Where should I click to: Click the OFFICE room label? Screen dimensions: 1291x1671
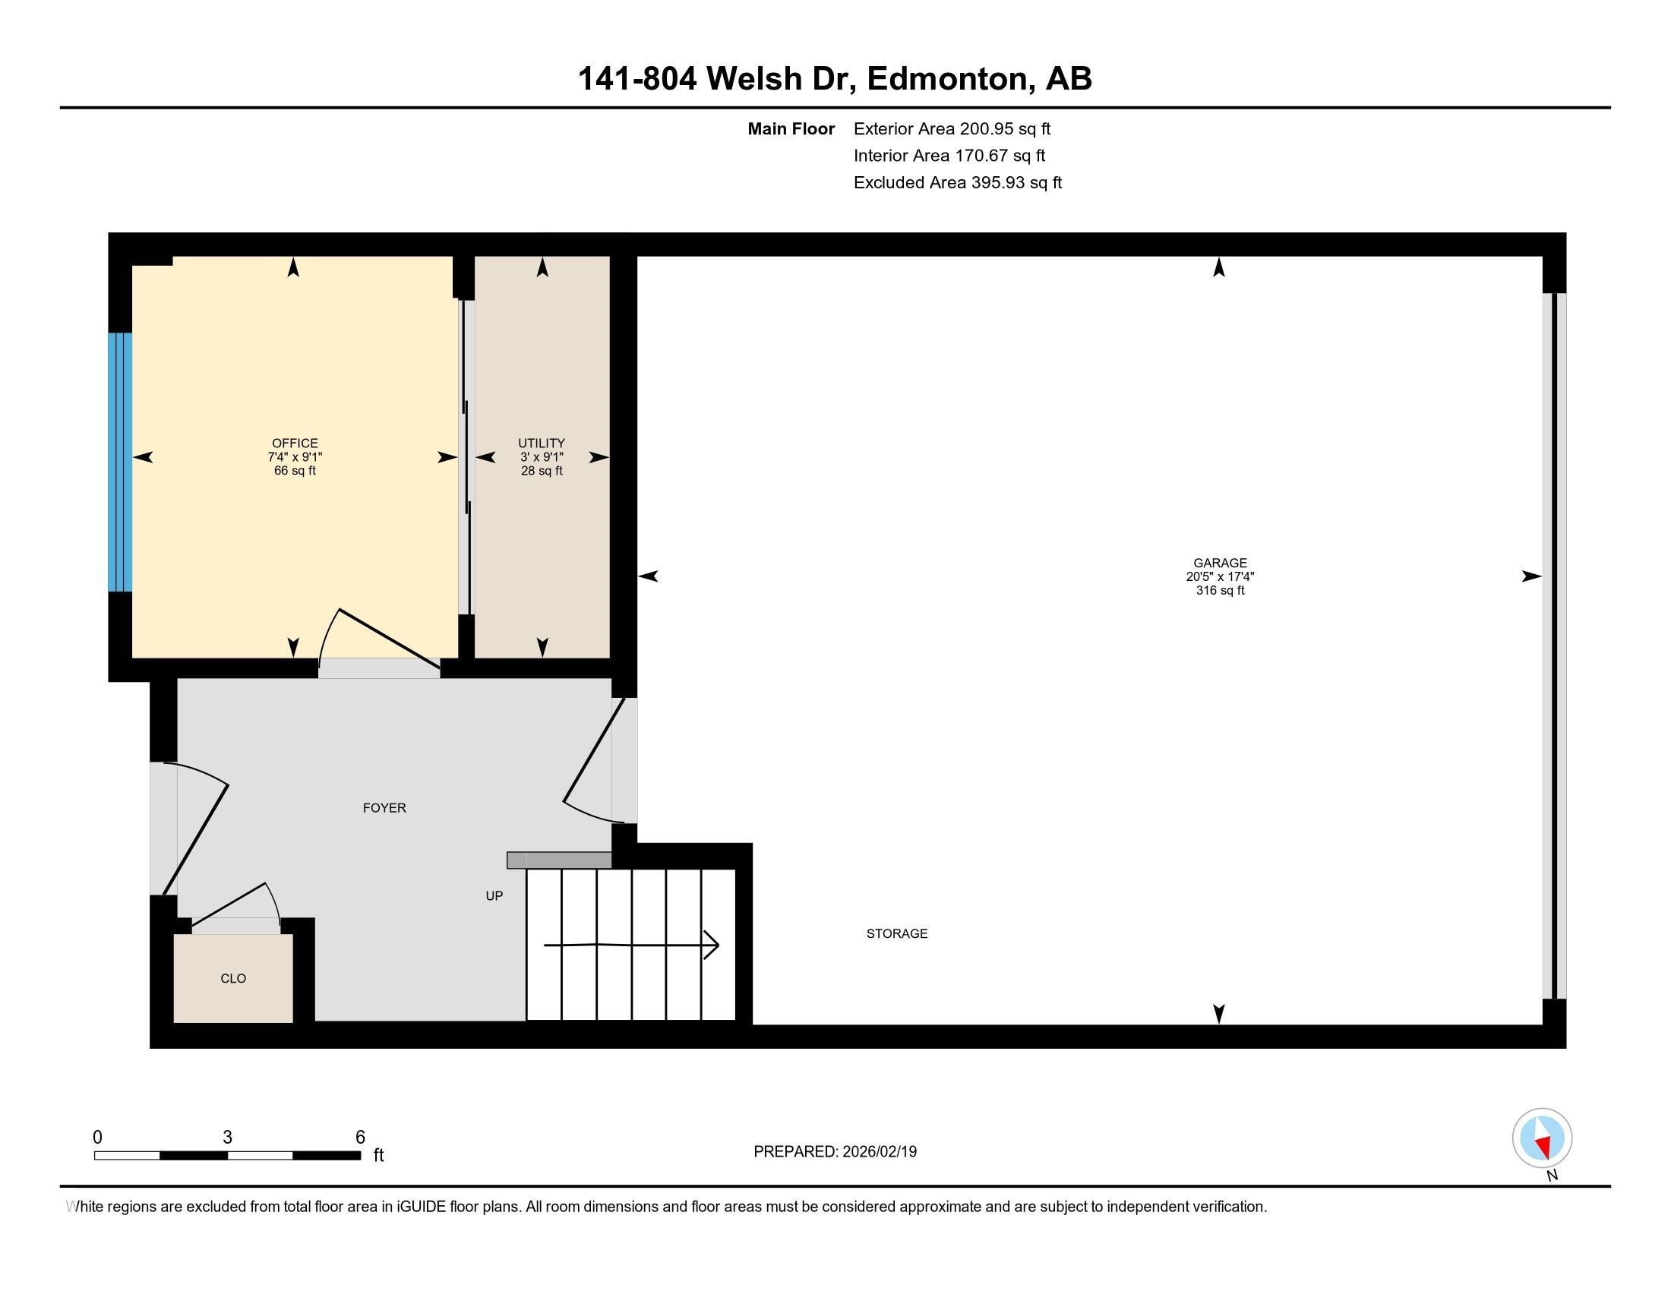coord(295,443)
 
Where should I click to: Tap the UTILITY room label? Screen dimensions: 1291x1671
coord(541,443)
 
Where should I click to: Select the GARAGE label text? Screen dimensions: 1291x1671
coord(1220,562)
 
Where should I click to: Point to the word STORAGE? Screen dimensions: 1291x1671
coord(897,933)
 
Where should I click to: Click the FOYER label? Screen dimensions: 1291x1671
coord(384,808)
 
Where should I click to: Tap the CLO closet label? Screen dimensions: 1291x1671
coord(232,978)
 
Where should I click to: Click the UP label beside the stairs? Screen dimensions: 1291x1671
coord(494,895)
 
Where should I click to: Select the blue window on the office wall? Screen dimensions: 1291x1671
coord(119,462)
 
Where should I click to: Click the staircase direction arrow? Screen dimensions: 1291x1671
coord(631,945)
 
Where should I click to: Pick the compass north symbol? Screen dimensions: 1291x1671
coord(1542,1138)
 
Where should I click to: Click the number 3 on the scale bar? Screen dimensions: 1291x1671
coord(227,1138)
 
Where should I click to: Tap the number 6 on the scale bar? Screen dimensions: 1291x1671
coord(360,1138)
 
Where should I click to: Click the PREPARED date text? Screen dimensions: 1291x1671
coord(835,1152)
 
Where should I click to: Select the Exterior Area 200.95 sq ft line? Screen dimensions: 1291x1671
coord(952,128)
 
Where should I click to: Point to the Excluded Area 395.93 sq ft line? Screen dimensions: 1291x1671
coord(957,183)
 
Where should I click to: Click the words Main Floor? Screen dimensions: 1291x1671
coord(791,128)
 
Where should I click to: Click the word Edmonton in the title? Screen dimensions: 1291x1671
coord(946,79)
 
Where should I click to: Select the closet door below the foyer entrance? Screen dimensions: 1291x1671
coord(229,904)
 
